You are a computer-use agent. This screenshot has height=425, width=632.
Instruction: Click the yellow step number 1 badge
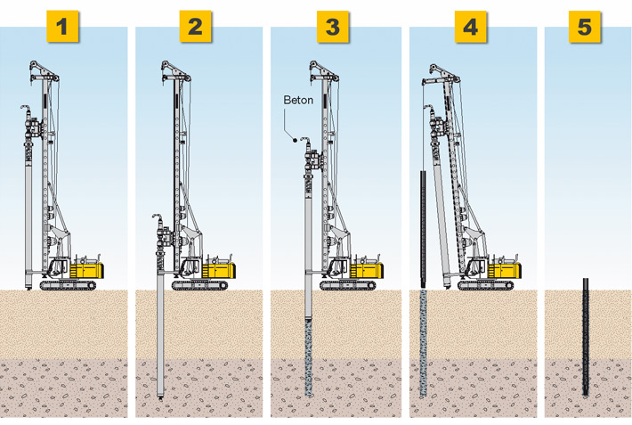click(62, 27)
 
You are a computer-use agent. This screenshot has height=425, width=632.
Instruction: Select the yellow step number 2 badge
click(195, 27)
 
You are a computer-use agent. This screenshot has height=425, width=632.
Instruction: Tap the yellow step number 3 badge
click(333, 27)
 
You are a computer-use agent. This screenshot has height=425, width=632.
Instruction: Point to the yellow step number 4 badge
click(471, 27)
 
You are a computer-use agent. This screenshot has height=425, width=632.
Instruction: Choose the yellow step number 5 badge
click(585, 27)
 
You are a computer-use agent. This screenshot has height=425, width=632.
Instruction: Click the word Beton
click(298, 100)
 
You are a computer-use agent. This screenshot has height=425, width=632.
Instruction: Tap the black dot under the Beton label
click(295, 140)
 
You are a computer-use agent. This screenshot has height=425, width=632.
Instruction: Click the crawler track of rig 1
click(69, 285)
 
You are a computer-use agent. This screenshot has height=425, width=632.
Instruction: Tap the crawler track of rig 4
click(486, 285)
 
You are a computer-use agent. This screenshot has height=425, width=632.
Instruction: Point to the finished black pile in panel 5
click(585, 337)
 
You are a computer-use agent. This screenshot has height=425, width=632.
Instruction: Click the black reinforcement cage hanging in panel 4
click(423, 228)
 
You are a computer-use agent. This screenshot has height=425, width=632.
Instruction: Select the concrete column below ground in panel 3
click(308, 357)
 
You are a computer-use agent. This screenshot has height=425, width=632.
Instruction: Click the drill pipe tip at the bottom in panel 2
click(160, 397)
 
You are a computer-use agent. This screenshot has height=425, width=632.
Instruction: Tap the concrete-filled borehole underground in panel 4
click(423, 343)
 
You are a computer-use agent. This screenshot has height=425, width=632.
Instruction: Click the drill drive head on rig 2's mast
click(165, 238)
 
